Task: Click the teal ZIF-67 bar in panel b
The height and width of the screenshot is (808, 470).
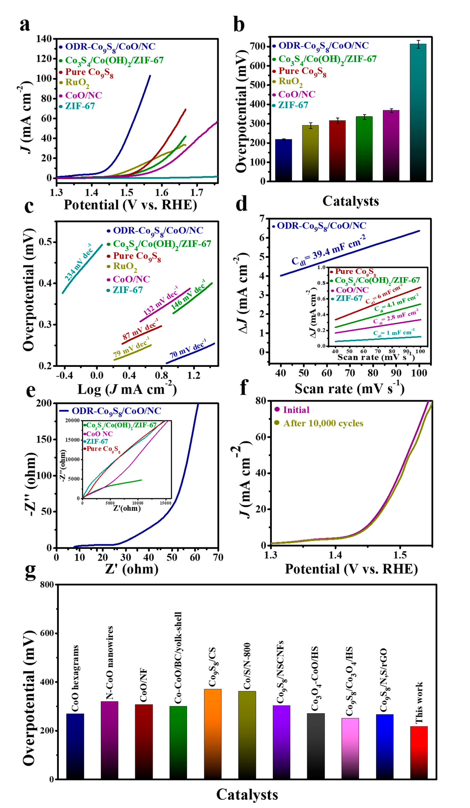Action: pos(418,112)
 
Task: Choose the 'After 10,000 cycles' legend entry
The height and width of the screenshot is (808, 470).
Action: pos(323,423)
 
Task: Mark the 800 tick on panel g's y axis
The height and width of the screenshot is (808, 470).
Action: pos(47,585)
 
